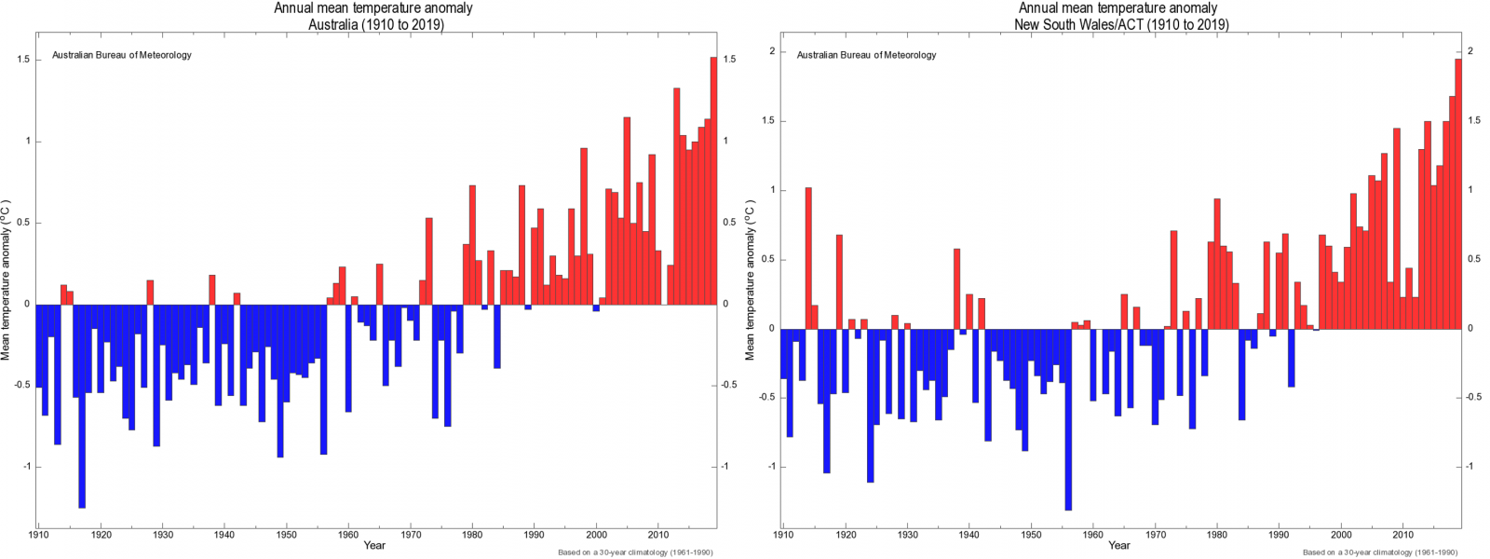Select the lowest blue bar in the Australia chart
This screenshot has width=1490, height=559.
click(82, 405)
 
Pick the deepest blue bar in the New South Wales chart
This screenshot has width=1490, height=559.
click(1067, 419)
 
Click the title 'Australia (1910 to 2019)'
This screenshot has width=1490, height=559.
click(376, 24)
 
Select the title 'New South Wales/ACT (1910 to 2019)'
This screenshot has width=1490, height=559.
click(1121, 24)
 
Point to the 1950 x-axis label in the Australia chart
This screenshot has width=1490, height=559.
click(286, 535)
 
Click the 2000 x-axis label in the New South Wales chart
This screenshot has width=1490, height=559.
click(1341, 535)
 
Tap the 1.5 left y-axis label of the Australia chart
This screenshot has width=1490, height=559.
click(23, 60)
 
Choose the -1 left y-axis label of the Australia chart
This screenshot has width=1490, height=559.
click(25, 467)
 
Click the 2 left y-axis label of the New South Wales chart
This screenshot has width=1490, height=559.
click(772, 51)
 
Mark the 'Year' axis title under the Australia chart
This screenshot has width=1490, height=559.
click(374, 546)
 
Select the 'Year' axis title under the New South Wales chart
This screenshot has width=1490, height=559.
click(1119, 546)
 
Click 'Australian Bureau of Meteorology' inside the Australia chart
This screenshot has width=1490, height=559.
click(122, 55)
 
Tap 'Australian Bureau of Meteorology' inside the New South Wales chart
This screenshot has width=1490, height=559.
click(866, 55)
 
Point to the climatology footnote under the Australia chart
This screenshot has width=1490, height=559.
click(635, 552)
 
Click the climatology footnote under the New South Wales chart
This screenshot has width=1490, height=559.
click(1380, 552)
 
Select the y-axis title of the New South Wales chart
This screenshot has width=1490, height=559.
click(751, 279)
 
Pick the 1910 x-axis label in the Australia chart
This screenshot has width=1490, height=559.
click(38, 535)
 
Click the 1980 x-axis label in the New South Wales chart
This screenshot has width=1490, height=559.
click(1217, 535)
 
